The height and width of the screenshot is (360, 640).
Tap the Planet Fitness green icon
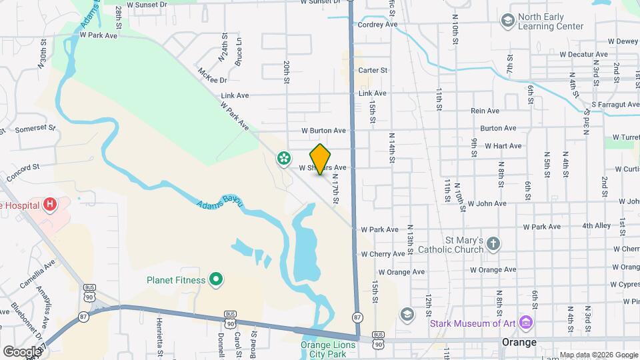click(x=216, y=280)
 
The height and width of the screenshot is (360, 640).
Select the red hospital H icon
click(x=50, y=205)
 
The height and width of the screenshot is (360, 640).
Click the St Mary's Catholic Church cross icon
click(x=493, y=243)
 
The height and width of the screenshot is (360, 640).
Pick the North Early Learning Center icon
click(x=508, y=21)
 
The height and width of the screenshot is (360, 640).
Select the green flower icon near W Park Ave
click(x=284, y=158)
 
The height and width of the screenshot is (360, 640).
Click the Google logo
click(x=22, y=351)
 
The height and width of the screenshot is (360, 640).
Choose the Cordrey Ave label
click(x=377, y=25)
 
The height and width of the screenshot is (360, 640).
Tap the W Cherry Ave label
click(x=383, y=254)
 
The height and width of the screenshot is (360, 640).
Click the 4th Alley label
click(x=596, y=226)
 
